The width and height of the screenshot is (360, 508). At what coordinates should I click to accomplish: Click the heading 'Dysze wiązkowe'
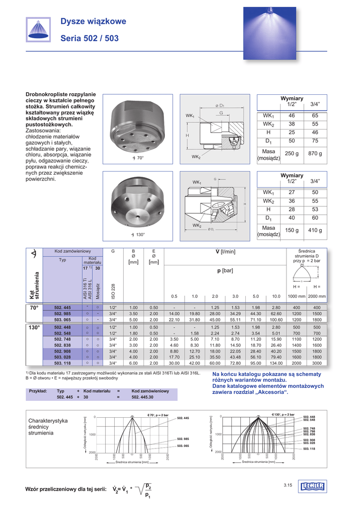(x=93, y=21)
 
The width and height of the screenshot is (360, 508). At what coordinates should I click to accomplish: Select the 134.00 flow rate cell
(x=276, y=363)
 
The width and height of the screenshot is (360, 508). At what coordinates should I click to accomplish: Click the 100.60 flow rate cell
(x=276, y=320)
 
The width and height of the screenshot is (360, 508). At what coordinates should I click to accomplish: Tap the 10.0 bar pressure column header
(x=276, y=296)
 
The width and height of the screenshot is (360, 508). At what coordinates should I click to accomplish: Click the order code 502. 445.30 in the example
(x=142, y=397)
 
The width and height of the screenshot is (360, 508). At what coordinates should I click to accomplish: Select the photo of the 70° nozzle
(x=133, y=127)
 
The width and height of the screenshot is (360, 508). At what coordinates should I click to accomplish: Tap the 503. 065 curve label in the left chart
(x=183, y=446)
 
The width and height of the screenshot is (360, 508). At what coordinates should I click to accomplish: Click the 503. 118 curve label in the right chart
(x=309, y=448)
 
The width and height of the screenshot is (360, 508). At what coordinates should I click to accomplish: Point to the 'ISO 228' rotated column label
(x=113, y=291)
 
